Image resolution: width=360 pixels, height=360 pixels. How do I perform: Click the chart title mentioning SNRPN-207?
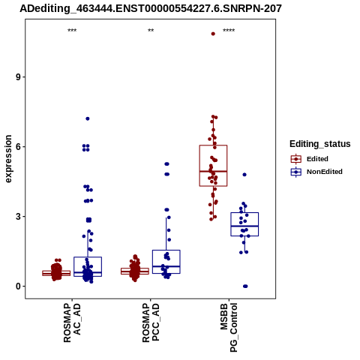pyautogui.click(x=151, y=8)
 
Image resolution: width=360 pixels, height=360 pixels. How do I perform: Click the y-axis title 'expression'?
pyautogui.click(x=8, y=159)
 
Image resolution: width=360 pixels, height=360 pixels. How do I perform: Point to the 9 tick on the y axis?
pyautogui.click(x=18, y=77)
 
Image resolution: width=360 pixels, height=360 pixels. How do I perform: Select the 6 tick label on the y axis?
pyautogui.click(x=18, y=147)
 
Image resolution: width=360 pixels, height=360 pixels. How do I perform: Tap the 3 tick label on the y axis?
pyautogui.click(x=18, y=217)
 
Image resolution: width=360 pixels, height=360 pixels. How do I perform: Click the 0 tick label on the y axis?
pyautogui.click(x=18, y=286)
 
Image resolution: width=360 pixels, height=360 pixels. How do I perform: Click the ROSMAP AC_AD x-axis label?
pyautogui.click(x=72, y=322)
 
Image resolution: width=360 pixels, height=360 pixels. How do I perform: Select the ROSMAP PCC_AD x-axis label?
pyautogui.click(x=151, y=322)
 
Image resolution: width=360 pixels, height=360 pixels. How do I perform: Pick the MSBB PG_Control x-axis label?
pyautogui.click(x=229, y=328)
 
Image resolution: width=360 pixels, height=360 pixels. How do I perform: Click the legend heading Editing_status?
pyautogui.click(x=320, y=144)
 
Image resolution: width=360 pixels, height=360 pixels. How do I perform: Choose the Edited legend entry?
pyautogui.click(x=310, y=159)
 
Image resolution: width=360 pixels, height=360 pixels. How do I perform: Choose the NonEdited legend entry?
pyautogui.click(x=316, y=172)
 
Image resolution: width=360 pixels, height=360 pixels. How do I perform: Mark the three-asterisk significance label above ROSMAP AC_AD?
pyautogui.click(x=72, y=31)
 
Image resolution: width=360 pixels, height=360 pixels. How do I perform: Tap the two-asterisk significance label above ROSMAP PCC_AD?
pyautogui.click(x=151, y=31)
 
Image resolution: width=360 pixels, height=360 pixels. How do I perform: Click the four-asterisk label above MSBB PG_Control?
pyautogui.click(x=229, y=31)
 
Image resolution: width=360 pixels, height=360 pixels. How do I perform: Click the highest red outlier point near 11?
pyautogui.click(x=213, y=34)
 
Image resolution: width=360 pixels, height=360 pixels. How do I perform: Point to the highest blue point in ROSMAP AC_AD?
pyautogui.click(x=88, y=118)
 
